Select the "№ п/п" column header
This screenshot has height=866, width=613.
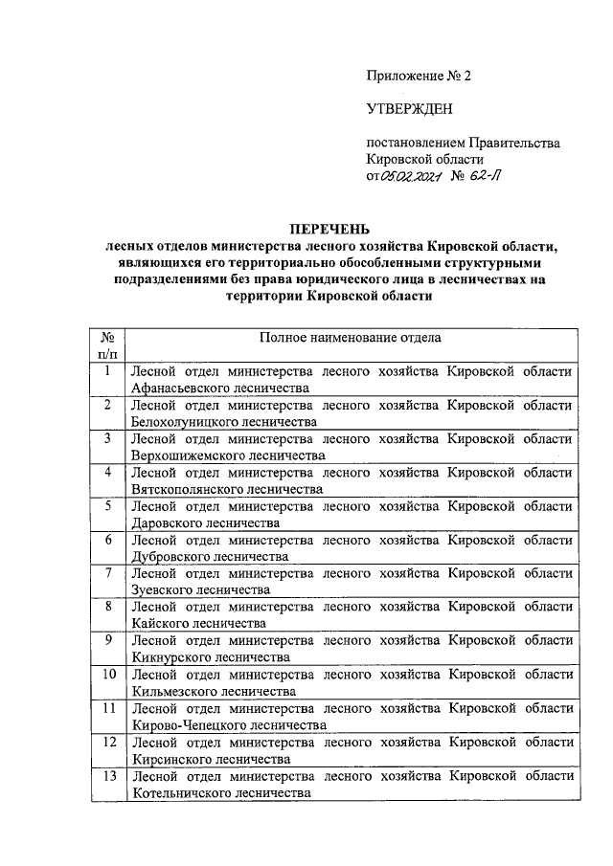(108, 345)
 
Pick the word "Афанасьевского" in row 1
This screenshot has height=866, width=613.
(180, 389)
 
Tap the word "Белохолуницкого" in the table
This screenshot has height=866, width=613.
(185, 422)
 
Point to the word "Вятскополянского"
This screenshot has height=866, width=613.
(186, 489)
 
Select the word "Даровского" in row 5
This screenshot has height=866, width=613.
(165, 522)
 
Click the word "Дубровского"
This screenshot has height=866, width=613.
(168, 556)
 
